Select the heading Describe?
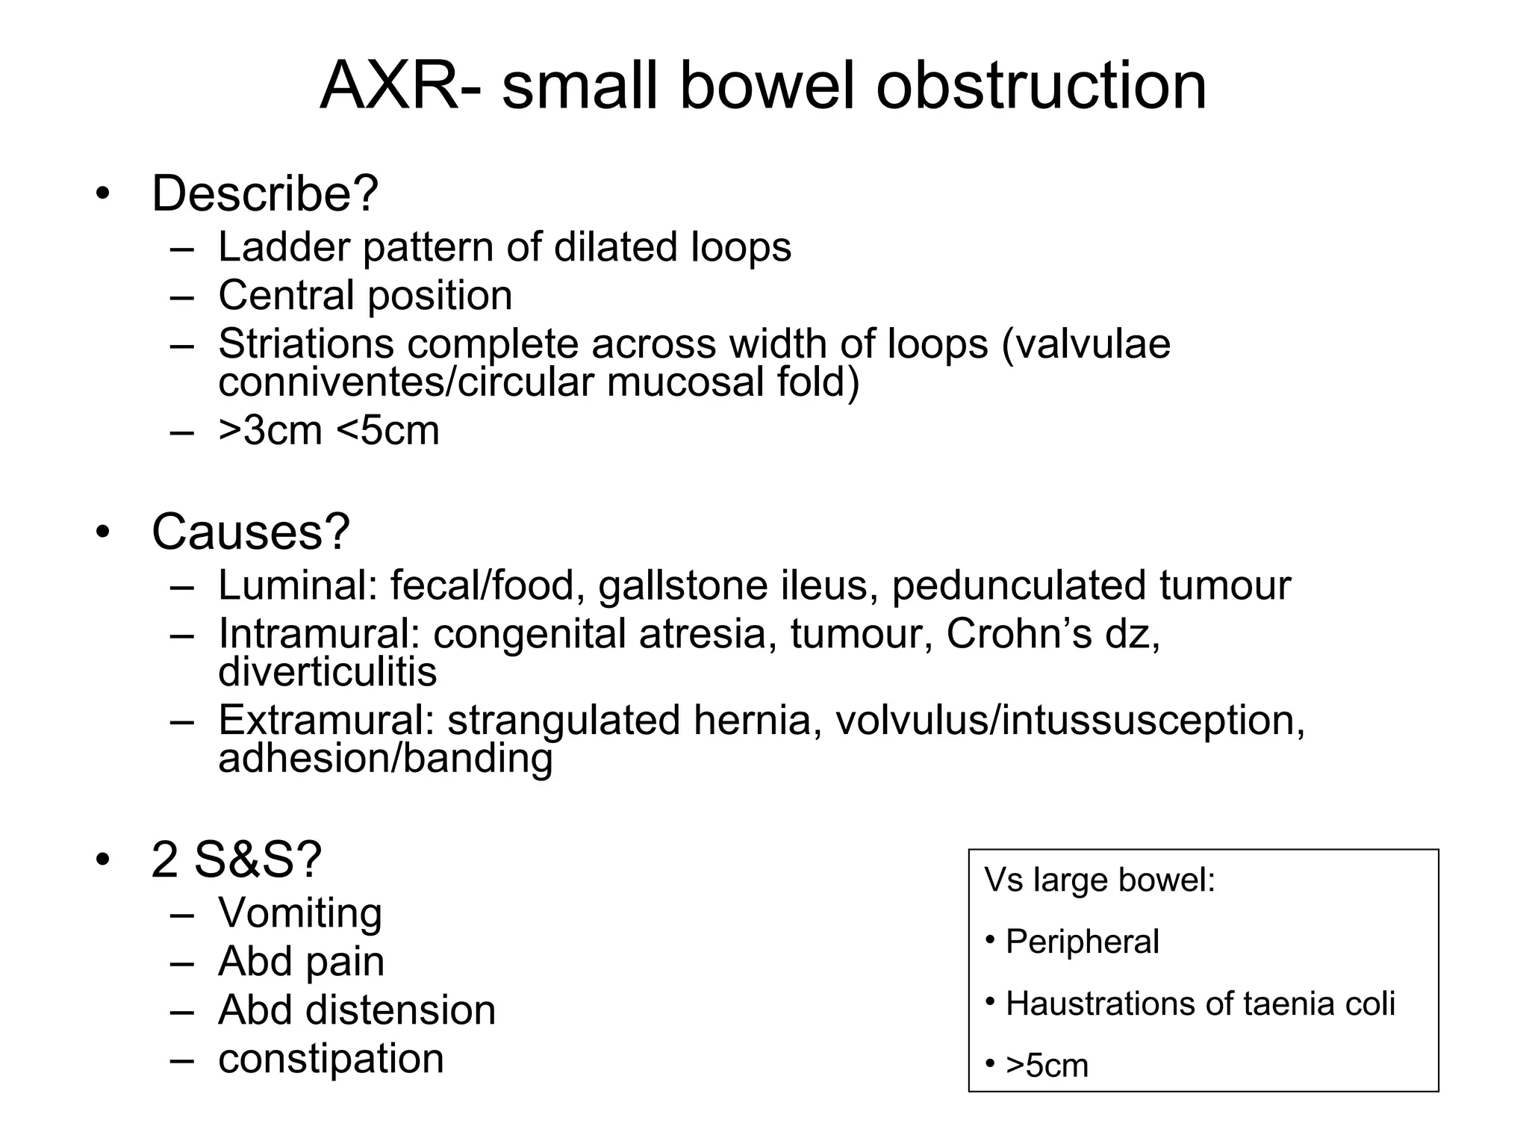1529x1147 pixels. tap(265, 193)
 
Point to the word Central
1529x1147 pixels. tap(285, 295)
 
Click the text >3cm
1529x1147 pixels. tap(270, 431)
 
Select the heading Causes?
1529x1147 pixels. tap(251, 532)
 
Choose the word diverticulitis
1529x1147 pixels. tap(328, 671)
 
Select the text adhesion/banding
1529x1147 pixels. tap(385, 758)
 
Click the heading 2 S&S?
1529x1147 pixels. tap(237, 860)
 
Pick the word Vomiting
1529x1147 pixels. tap(300, 913)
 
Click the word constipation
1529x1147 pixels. tap(331, 1059)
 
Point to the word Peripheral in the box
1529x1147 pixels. tap(1083, 942)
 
